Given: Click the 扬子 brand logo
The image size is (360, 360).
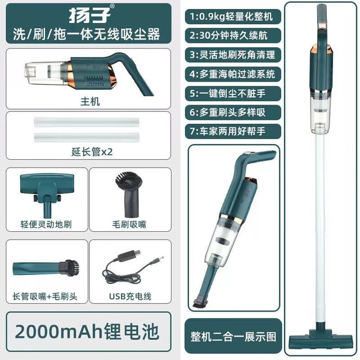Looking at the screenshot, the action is pyautogui.click(x=89, y=15).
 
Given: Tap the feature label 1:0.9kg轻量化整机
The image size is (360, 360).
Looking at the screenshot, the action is pyautogui.click(x=231, y=16).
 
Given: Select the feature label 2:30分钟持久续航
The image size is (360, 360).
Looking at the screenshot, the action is pyautogui.click(x=228, y=35).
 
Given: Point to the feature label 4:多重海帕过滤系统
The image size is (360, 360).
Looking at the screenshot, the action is pyautogui.click(x=232, y=74).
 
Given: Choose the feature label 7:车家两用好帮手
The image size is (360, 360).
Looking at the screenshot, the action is pyautogui.click(x=227, y=131).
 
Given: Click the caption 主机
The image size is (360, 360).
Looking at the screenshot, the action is pyautogui.click(x=90, y=101).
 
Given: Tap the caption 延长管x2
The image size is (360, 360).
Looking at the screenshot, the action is pyautogui.click(x=92, y=152).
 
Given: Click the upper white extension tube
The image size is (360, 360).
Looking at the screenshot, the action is pyautogui.click(x=87, y=122).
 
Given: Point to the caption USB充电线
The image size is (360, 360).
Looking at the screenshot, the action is pyautogui.click(x=130, y=296).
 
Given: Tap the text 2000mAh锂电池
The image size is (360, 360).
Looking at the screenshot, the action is pyautogui.click(x=87, y=332).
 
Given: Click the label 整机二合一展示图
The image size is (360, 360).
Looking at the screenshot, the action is pyautogui.click(x=233, y=337).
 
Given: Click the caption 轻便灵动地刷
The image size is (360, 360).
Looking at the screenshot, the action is pyautogui.click(x=46, y=224).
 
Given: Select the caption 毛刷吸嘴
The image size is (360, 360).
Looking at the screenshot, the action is pyautogui.click(x=129, y=224).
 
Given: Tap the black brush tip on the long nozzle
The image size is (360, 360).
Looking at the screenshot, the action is pyautogui.click(x=69, y=268).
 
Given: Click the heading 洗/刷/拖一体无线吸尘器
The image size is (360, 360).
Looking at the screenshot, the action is pyautogui.click(x=87, y=34).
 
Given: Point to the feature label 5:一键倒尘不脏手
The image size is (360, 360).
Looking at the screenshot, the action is pyautogui.click(x=227, y=93).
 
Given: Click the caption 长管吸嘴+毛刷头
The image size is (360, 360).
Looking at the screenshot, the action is pyautogui.click(x=45, y=296).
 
